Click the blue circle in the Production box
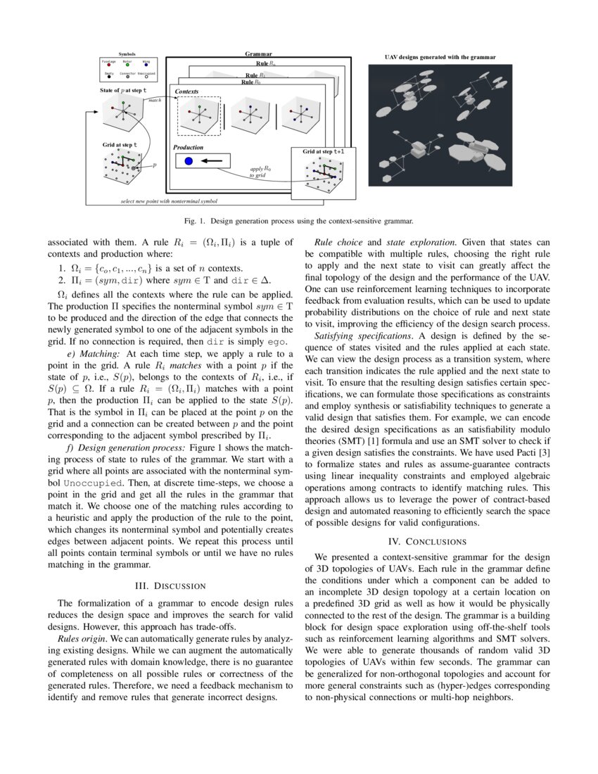click(189, 162)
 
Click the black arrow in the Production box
click(216, 162)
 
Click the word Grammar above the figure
click(258, 54)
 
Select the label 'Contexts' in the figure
click(186, 92)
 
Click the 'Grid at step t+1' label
click(324, 152)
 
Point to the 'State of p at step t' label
click(123, 91)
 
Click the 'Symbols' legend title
click(127, 53)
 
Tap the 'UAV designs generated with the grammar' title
click(440, 57)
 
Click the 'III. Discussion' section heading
click(169, 585)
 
